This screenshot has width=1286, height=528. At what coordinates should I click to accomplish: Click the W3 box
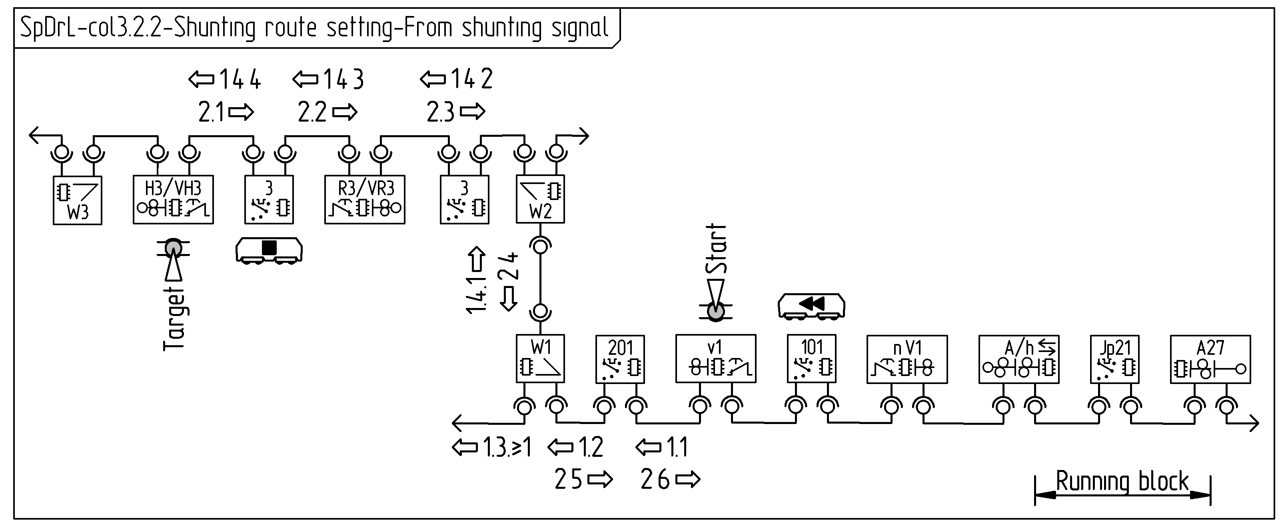78,200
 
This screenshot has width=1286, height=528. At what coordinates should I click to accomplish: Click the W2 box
540,199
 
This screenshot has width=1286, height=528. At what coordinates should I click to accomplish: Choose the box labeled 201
620,359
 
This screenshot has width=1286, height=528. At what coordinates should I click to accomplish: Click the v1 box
715,359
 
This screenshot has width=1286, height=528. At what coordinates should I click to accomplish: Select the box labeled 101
811,359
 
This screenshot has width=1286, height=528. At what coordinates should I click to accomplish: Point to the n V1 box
907,359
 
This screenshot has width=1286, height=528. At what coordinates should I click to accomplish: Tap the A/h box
1018,359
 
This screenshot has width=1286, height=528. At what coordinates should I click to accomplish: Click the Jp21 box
1114,359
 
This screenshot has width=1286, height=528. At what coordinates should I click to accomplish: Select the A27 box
1210,359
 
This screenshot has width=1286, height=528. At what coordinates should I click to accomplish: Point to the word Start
717,248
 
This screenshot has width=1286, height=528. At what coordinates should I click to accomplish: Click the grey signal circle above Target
174,247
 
